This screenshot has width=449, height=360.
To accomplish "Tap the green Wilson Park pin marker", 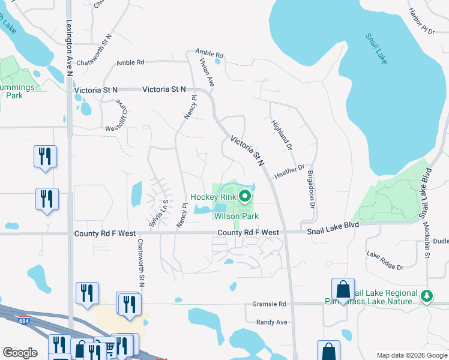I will tap(245, 195).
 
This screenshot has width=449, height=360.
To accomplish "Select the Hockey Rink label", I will tap(212, 197).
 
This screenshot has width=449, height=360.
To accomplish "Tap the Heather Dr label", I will tap(289, 172).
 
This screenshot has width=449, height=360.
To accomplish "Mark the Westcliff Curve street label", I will tap(118, 115).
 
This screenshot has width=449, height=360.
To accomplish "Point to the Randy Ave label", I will tap(272, 322).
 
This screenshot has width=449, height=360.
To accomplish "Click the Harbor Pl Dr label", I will tap(420, 20).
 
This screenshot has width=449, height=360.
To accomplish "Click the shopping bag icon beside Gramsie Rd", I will tap(343, 290).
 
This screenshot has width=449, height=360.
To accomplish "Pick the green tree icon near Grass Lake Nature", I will tap(427, 296).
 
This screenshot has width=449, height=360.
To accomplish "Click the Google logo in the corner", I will tap(20, 353).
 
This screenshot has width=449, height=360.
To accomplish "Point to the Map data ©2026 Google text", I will tap(411, 355).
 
